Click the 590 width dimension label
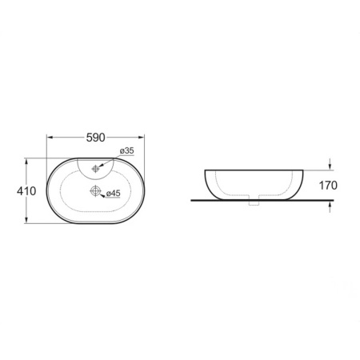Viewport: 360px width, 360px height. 96,138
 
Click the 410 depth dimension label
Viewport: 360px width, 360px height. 26,191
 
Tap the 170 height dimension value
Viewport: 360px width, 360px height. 328,186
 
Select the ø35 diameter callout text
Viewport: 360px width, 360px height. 126,150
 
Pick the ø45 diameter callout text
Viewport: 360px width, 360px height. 114,194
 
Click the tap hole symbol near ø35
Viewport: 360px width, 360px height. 95,169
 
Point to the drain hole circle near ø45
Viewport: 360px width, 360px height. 95,191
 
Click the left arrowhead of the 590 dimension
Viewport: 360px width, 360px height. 50,138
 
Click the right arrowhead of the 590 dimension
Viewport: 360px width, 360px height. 141,138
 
